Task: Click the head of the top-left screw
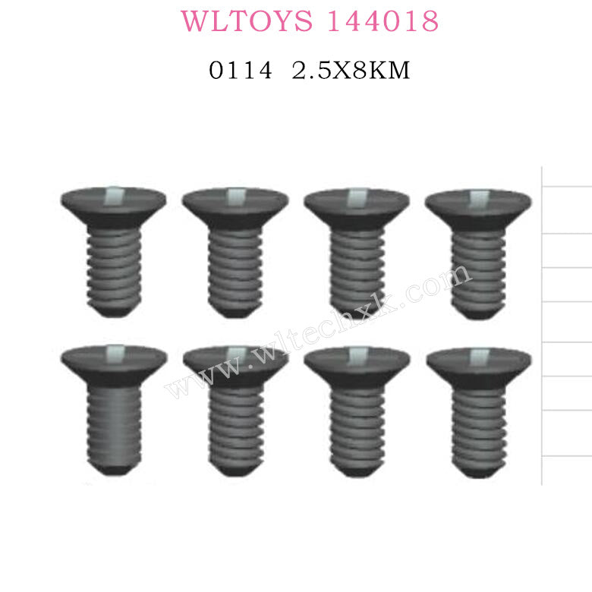[114, 205]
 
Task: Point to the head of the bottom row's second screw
[235, 364]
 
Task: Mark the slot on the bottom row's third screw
[357, 354]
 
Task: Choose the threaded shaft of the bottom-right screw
[478, 425]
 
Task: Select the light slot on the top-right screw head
[478, 198]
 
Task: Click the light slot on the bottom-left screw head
[115, 354]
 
